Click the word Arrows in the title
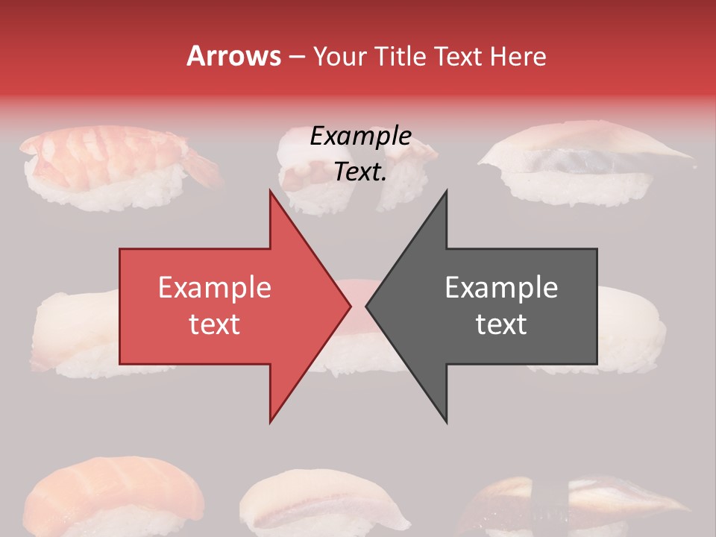click(233, 56)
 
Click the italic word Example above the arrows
click(360, 136)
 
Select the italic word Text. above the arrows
click(360, 172)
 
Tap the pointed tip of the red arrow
click(348, 306)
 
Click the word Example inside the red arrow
click(215, 288)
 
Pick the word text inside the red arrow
click(215, 324)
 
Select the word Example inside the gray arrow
click(501, 288)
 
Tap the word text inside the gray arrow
click(501, 324)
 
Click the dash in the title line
click(296, 57)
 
